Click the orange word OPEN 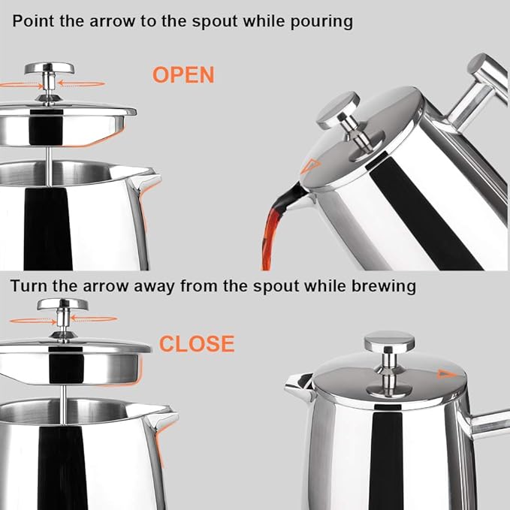pyautogui.click(x=183, y=75)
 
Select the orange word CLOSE pyautogui.click(x=197, y=344)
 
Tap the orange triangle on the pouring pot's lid pyautogui.click(x=310, y=167)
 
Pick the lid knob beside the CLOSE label pyautogui.click(x=62, y=306)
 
